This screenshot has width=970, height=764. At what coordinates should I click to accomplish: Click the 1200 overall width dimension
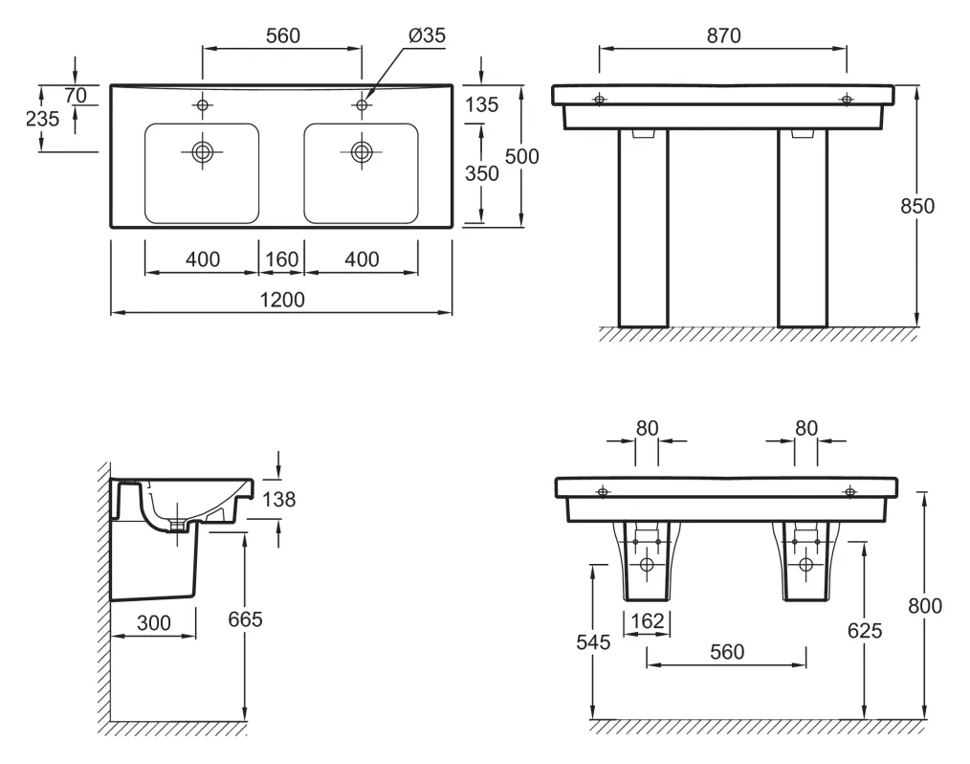[x=281, y=300]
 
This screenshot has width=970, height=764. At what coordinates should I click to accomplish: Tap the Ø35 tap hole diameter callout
[x=427, y=35]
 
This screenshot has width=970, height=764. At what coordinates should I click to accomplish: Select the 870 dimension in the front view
[x=723, y=35]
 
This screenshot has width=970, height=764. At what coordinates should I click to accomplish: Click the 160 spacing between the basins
[x=281, y=259]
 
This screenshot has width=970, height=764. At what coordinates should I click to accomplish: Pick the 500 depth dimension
[x=522, y=157]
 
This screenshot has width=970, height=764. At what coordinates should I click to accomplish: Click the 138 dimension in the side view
[x=279, y=499]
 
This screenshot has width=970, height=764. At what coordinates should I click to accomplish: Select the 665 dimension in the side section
[x=245, y=619]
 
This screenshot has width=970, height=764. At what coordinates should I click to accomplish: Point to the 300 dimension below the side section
[x=153, y=623]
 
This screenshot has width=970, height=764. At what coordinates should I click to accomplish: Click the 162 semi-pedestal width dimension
[x=648, y=621]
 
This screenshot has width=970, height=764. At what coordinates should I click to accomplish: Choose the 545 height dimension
[x=594, y=642]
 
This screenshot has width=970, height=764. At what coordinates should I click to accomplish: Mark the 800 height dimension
[x=925, y=605]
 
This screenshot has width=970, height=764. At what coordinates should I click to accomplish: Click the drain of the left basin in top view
[x=202, y=151]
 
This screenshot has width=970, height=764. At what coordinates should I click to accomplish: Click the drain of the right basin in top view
[x=362, y=151]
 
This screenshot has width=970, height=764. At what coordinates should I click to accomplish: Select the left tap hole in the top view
[x=202, y=103]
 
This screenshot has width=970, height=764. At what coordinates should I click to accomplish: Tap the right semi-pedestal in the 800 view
[x=805, y=562]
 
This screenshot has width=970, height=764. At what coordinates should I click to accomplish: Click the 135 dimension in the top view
[x=481, y=104]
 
